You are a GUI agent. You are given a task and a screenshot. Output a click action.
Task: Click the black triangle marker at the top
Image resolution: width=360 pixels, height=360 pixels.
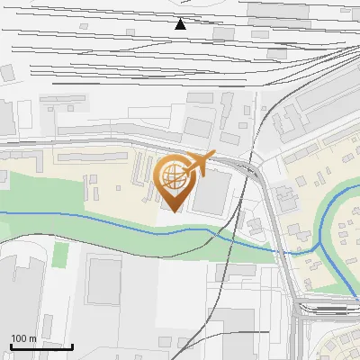pos(180,24)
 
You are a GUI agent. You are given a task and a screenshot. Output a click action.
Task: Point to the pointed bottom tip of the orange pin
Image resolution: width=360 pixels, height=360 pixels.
pos(172,211)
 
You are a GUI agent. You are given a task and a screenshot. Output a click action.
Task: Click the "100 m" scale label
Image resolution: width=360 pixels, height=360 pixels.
pos(23,338)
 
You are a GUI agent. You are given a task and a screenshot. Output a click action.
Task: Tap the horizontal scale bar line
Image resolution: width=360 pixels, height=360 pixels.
pos(41,346)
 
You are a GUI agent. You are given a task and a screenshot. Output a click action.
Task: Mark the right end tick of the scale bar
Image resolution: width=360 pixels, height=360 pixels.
pos(72,345)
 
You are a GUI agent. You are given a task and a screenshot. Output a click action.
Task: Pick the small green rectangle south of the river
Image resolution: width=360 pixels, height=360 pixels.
pos(60,255)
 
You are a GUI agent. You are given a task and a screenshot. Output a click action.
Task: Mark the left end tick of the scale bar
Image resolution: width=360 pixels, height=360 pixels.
pos(11,345)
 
